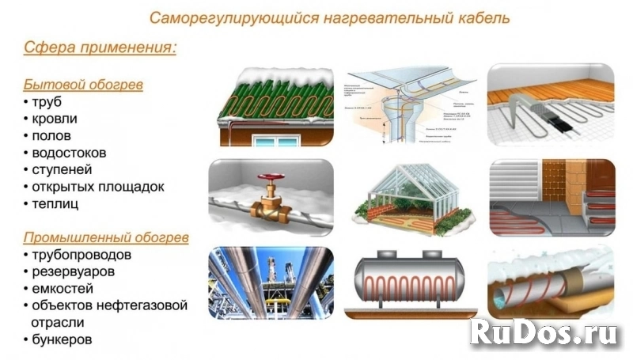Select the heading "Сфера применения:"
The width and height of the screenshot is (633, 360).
coord(100,47)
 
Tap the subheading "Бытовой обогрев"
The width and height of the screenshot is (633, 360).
coord(83,84)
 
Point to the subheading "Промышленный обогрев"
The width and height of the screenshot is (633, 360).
coord(106,237)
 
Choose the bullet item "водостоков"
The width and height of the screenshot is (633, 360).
coord(70,153)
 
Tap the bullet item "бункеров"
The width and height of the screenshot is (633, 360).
coord(62,339)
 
